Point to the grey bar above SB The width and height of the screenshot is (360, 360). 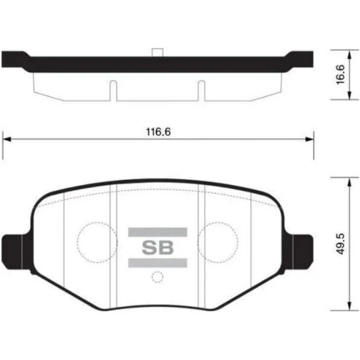pyautogui.click(x=157, y=230)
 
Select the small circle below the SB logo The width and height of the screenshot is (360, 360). pyautogui.click(x=156, y=277)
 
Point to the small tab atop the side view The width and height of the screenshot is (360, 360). pyautogui.click(x=156, y=53)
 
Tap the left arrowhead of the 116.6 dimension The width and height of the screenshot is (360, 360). pyautogui.click(x=8, y=138)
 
